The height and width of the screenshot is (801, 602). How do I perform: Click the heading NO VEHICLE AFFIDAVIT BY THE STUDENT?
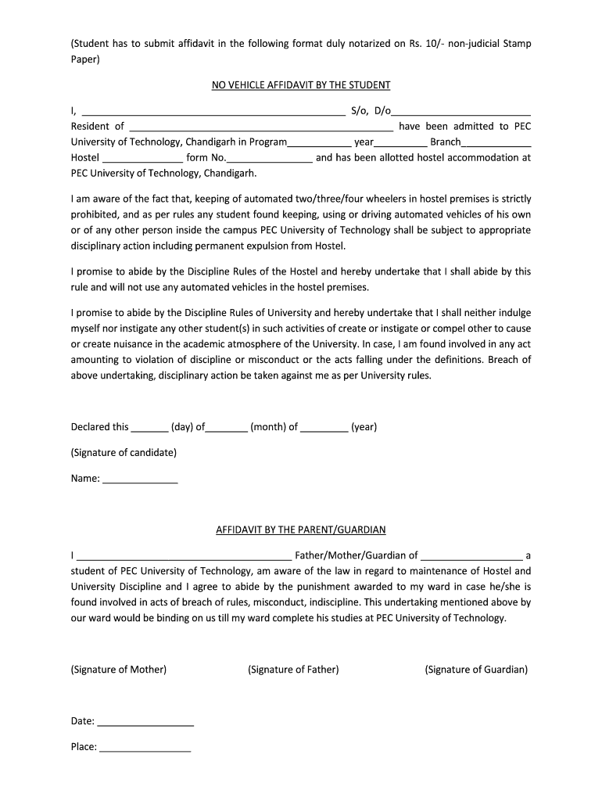(301, 84)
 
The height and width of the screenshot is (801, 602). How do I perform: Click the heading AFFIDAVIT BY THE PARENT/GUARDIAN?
(301, 530)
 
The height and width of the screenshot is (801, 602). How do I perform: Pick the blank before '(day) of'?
(149, 429)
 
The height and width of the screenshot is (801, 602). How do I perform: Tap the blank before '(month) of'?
(228, 429)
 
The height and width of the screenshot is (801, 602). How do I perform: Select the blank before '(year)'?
(324, 429)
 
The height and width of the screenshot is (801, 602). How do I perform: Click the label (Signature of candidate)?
(124, 452)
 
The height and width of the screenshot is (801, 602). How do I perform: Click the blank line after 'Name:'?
(140, 480)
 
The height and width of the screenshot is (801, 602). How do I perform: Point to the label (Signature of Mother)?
(118, 670)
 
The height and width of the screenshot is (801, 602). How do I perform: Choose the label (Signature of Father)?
(293, 670)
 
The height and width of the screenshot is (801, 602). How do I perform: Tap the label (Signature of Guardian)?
(476, 670)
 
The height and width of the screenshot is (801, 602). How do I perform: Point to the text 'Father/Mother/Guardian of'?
(356, 555)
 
